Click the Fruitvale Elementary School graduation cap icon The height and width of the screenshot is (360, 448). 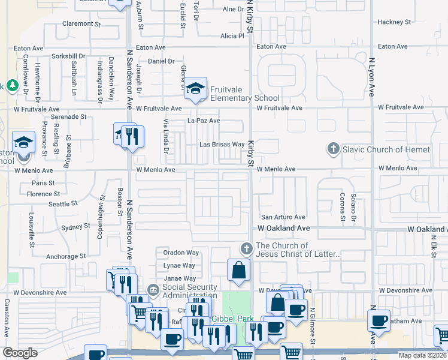(195, 89)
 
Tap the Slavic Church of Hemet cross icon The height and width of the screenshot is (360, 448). (334, 148)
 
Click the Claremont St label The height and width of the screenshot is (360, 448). (81, 24)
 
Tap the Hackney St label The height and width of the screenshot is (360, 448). (393, 22)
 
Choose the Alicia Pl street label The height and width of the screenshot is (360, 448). (232, 36)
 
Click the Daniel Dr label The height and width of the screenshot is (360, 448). (161, 61)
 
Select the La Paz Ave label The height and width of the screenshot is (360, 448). (204, 121)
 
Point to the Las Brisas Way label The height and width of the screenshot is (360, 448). (222, 145)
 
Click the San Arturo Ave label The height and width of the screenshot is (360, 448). (283, 217)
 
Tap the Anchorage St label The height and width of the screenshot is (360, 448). (65, 256)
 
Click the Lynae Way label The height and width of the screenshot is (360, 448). (179, 265)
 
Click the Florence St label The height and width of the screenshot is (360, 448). (43, 194)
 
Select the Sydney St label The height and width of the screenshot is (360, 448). (75, 227)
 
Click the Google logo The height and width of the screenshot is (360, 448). (20, 353)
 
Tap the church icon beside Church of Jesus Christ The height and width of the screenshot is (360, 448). (245, 248)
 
